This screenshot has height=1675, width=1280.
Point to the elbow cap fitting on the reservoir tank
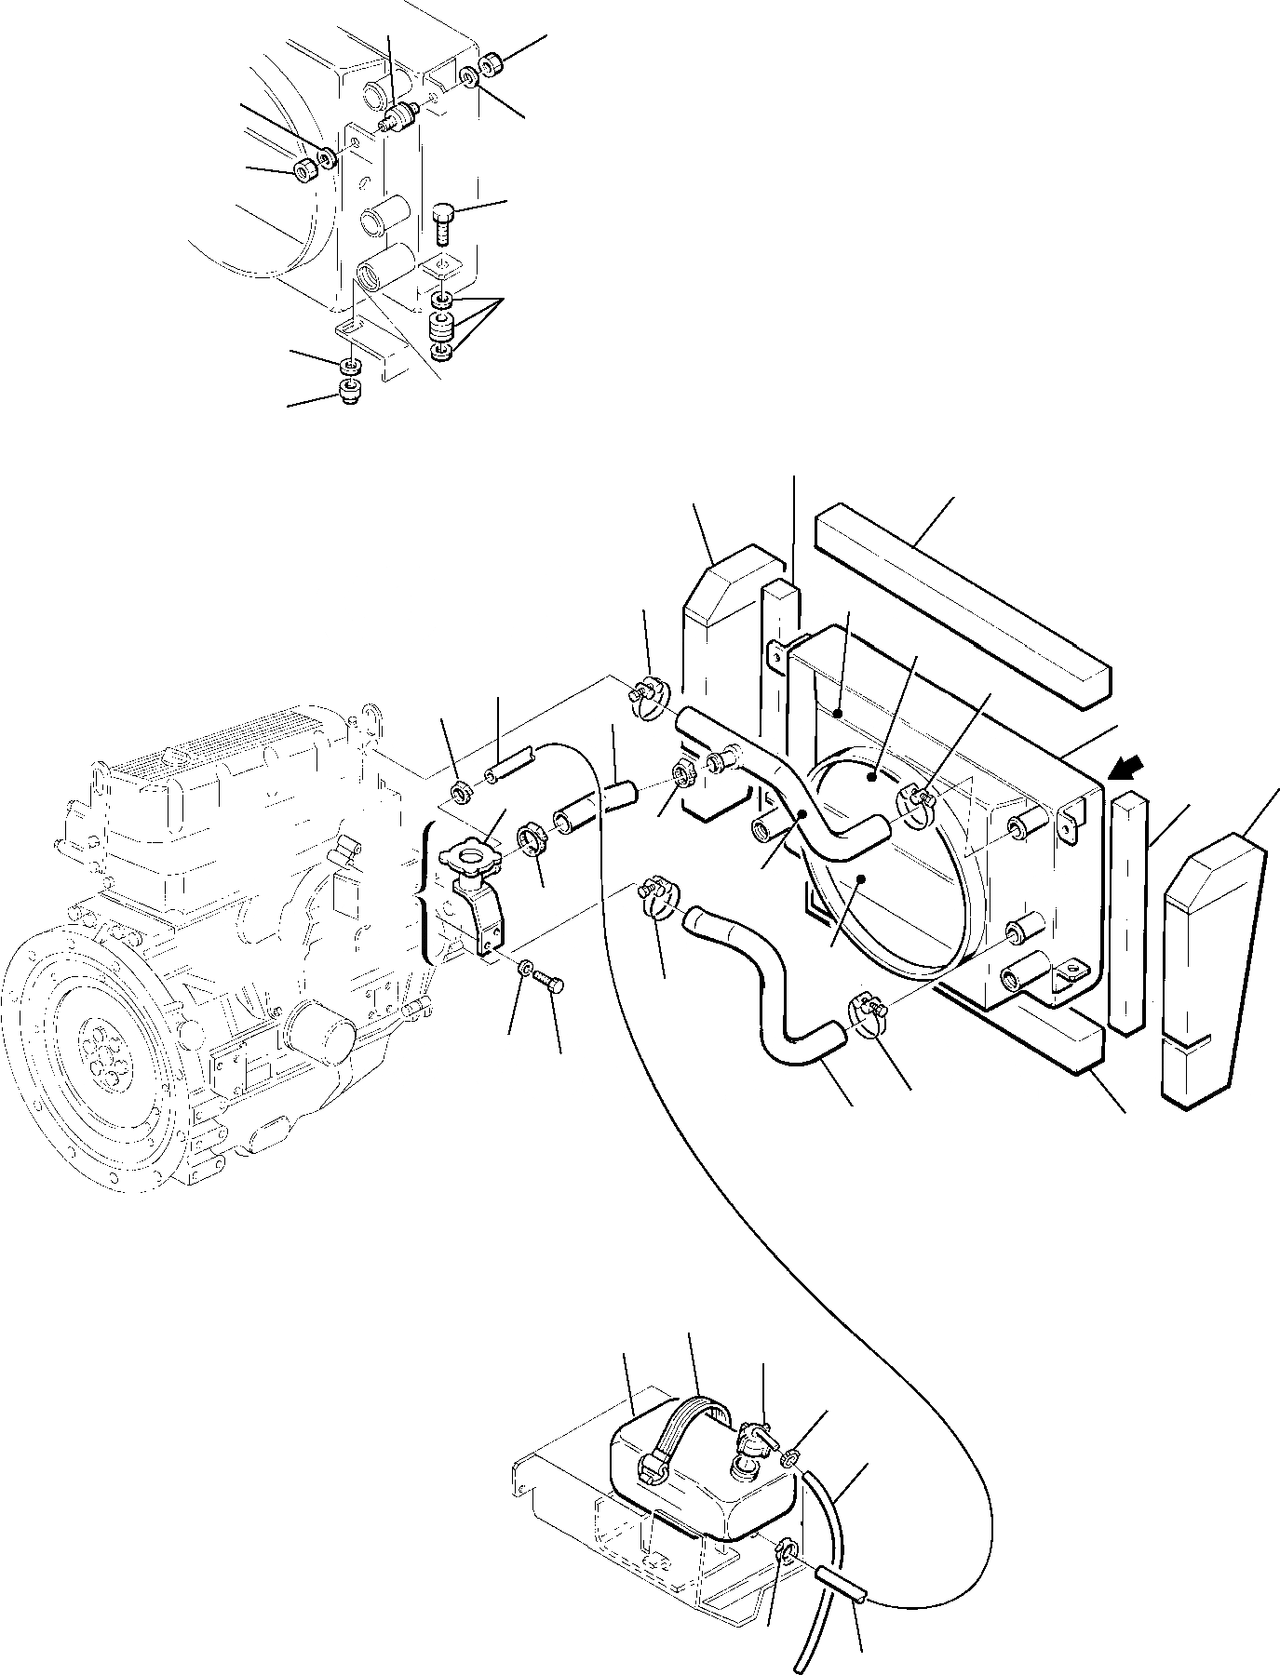(x=753, y=1451)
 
